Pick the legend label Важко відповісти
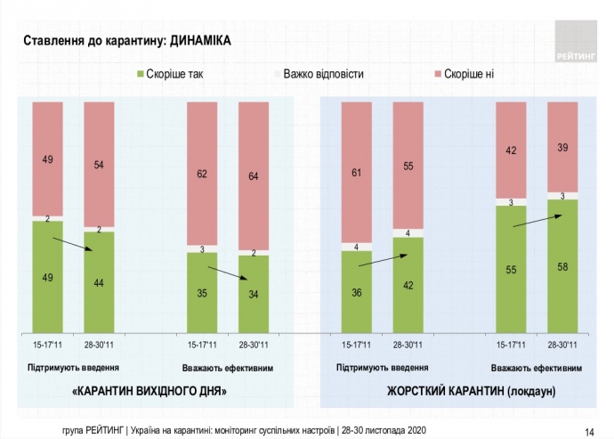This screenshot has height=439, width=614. (x=323, y=74)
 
